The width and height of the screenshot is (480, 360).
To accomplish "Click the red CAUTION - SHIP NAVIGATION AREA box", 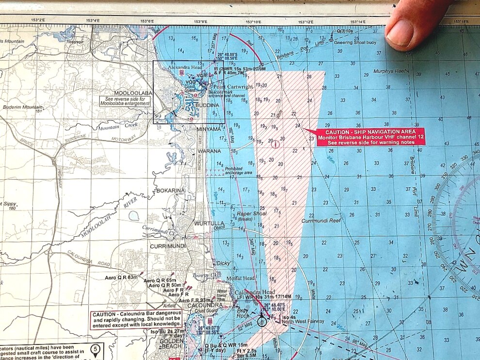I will click(x=371, y=137).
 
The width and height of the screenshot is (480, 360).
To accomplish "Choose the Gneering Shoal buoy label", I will click(x=356, y=42).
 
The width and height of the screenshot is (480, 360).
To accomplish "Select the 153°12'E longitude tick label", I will click(x=305, y=21).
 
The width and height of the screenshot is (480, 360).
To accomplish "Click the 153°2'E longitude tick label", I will click(x=37, y=20).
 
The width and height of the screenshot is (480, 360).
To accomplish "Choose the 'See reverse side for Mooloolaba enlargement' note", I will click(x=126, y=101).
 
